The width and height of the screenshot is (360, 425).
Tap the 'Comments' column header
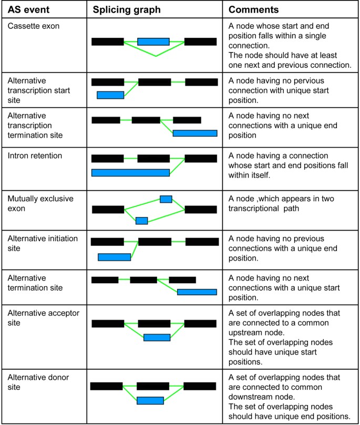[253, 10]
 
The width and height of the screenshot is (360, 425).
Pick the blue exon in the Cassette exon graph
[153, 42]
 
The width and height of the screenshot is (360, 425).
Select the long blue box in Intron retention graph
[130, 172]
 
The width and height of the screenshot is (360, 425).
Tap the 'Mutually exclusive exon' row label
[40, 203]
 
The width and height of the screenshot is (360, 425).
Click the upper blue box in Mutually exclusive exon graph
[166, 199]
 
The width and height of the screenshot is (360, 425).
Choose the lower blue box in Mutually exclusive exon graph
[141, 221]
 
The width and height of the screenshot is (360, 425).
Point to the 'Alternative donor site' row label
[38, 382]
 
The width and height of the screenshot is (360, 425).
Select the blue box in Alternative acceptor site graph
[157, 337]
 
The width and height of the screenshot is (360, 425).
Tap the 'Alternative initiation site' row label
[43, 243]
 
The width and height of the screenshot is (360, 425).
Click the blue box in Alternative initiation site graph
[114, 257]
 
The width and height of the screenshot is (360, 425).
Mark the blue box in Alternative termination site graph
[197, 292]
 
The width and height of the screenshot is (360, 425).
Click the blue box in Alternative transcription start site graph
[110, 95]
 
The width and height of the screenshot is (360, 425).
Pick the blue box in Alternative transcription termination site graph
[194, 133]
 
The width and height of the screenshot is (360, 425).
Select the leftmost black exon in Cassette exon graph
[107, 42]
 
